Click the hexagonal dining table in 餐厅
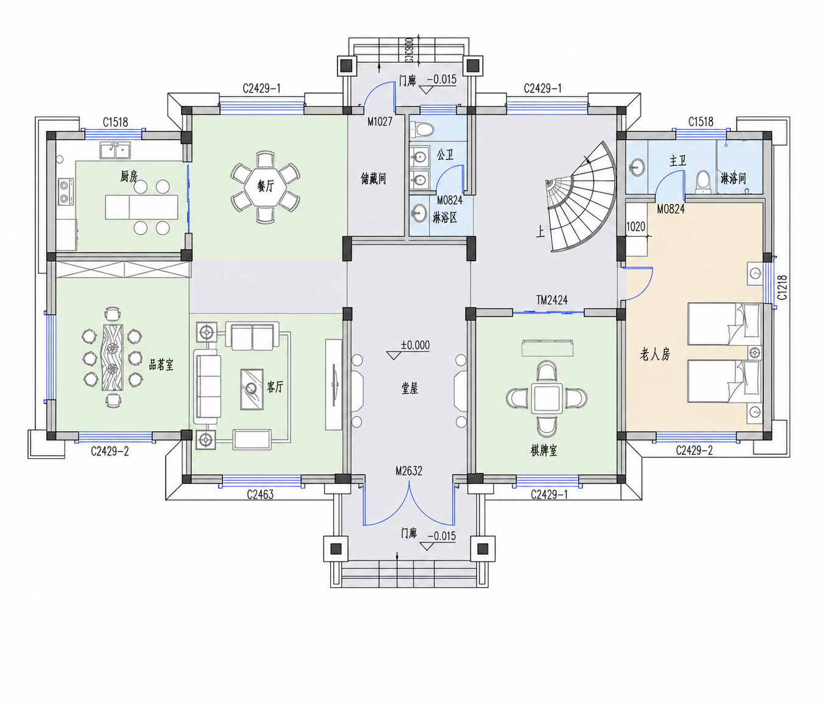(265, 186)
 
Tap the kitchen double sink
(115, 150)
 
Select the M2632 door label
(409, 471)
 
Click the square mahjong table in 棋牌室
(547, 398)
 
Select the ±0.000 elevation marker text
(415, 345)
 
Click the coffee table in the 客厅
(252, 389)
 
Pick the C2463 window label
(260, 494)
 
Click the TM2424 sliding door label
(551, 300)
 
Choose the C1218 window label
(782, 287)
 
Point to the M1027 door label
(380, 122)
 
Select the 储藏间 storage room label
(373, 178)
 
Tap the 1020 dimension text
(635, 227)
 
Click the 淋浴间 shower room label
(734, 178)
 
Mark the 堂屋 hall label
(409, 388)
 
